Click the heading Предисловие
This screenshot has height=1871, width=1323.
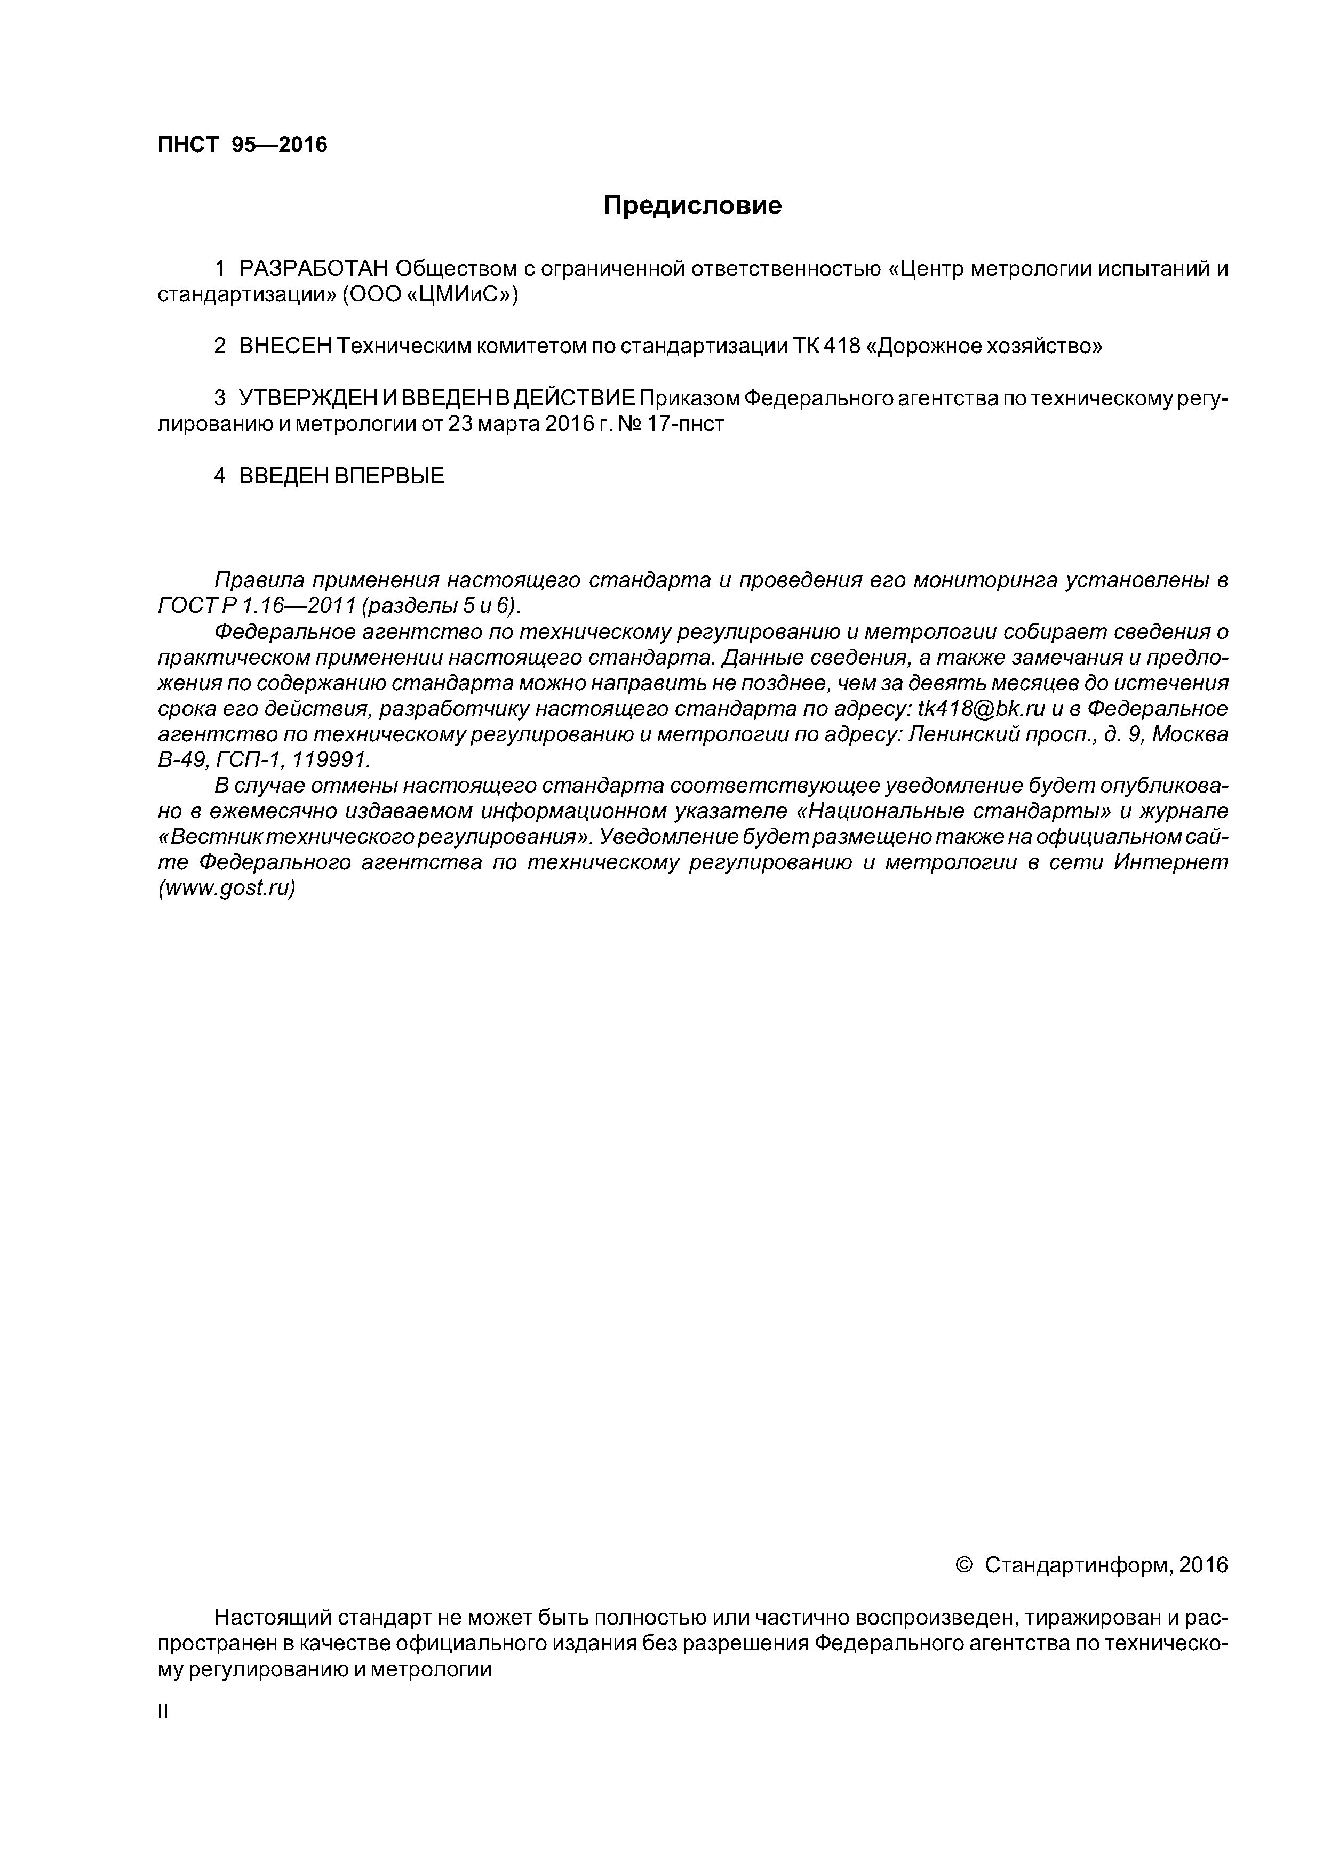tap(692, 205)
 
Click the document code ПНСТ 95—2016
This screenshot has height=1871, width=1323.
tap(242, 145)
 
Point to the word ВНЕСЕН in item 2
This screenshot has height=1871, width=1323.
tap(285, 346)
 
